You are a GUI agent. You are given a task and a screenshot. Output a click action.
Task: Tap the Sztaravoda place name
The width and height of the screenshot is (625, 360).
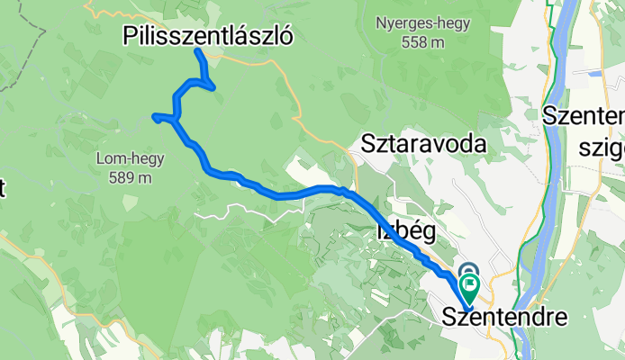pyautogui.click(x=423, y=143)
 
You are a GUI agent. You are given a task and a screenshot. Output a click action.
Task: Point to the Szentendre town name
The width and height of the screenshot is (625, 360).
pyautogui.click(x=506, y=318)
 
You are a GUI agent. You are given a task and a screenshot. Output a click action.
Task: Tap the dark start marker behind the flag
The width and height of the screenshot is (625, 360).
pyautogui.click(x=468, y=269)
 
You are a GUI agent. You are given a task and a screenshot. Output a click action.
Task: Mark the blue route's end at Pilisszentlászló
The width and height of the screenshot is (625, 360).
pyautogui.click(x=196, y=51)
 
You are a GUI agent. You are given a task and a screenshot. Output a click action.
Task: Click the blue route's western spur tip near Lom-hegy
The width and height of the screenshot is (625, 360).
pyautogui.click(x=156, y=116)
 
